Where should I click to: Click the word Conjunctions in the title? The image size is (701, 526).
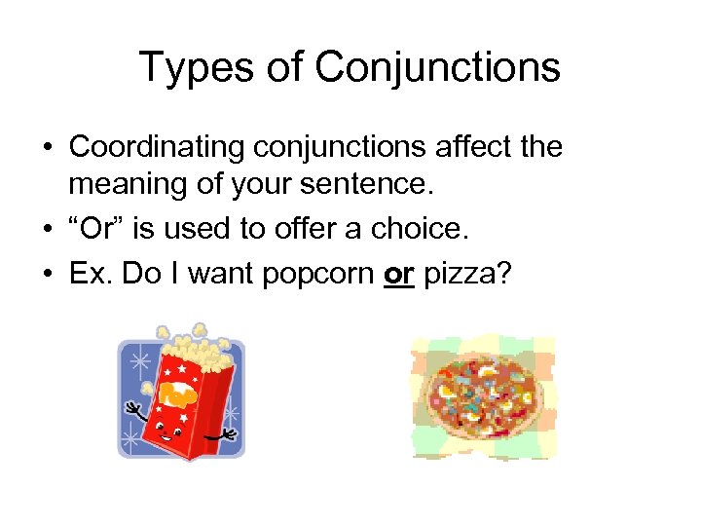pyautogui.click(x=437, y=68)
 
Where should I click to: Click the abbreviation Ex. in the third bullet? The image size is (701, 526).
pyautogui.click(x=89, y=275)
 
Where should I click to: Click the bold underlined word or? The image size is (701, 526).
pyautogui.click(x=398, y=276)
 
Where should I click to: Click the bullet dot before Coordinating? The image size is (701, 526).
pyautogui.click(x=47, y=148)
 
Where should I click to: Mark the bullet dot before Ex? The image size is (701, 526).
pyautogui.click(x=47, y=276)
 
